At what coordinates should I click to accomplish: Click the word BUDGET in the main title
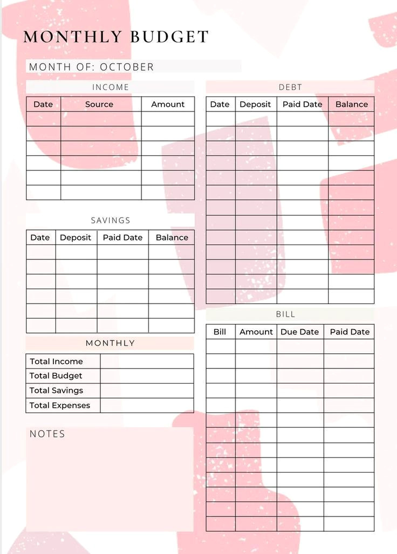(169, 37)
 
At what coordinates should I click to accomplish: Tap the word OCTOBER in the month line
(127, 67)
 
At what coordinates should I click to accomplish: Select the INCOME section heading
(111, 87)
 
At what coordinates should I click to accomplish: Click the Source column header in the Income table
(99, 104)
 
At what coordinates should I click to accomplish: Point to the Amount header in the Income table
(168, 104)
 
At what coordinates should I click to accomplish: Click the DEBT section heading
(290, 87)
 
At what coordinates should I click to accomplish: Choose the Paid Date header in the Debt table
(302, 104)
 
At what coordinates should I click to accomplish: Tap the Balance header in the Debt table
(352, 104)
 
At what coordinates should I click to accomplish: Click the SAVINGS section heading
(111, 220)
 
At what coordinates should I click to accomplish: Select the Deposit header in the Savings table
(76, 237)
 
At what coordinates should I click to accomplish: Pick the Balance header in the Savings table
(172, 237)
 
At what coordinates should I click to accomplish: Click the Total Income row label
(56, 361)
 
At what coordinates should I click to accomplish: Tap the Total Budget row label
(56, 376)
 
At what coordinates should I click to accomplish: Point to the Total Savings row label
(56, 391)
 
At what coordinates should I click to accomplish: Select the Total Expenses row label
(60, 406)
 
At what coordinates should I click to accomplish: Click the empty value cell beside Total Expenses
(147, 406)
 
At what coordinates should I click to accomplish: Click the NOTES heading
(47, 434)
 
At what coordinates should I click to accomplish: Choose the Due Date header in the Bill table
(300, 332)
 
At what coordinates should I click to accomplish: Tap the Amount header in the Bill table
(256, 332)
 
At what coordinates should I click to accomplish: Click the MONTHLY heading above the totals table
(110, 343)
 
